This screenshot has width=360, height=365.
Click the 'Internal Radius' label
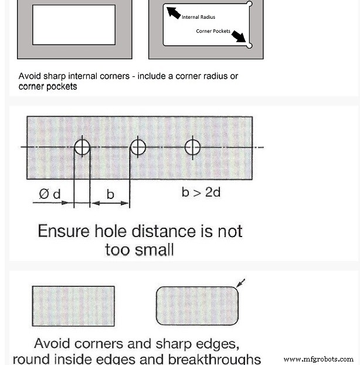pos(198,17)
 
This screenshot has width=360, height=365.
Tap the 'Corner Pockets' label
pos(213,31)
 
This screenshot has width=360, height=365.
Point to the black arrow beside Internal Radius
pos(174,12)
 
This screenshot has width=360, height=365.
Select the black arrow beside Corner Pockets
pos(239,36)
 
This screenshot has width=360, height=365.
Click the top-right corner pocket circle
pos(249,4)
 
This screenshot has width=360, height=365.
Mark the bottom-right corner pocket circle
pos(249,45)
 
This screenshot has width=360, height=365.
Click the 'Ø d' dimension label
pos(49,194)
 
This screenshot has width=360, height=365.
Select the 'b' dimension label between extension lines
pos(110,194)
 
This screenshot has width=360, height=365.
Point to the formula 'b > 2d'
pos(201,192)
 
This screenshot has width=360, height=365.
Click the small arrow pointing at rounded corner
pos(240,283)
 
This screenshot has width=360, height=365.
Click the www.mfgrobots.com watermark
pos(318,359)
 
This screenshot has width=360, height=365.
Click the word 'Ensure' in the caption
pos(63,231)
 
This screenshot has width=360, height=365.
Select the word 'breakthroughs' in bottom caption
pos(214,359)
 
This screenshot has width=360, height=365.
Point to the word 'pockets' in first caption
pos(62,87)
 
